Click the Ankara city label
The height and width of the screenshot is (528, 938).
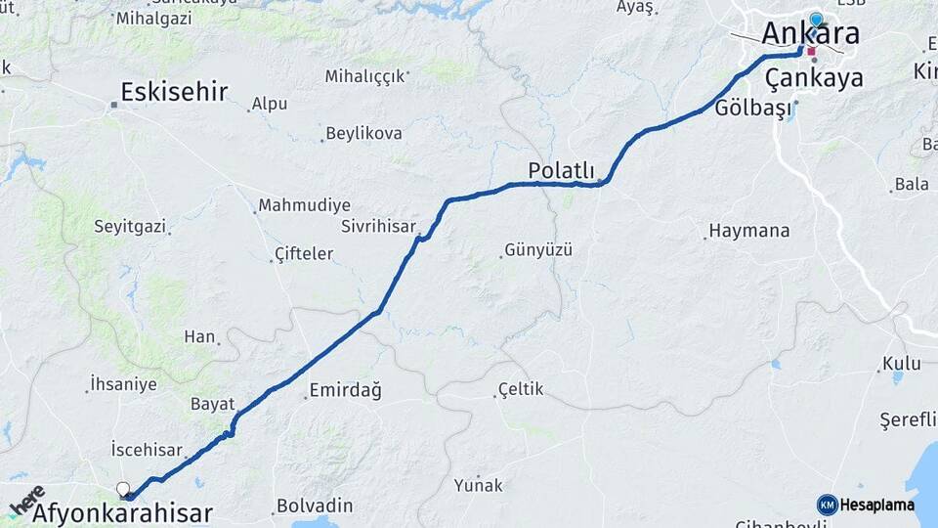pyautogui.click(x=810, y=34)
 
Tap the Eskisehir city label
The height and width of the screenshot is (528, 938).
pyautogui.click(x=174, y=92)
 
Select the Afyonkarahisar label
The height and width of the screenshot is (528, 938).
pyautogui.click(x=122, y=512)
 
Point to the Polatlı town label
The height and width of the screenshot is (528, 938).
pyautogui.click(x=561, y=170)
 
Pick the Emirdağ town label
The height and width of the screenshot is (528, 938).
pyautogui.click(x=345, y=390)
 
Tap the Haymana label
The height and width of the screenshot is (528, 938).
pyautogui.click(x=749, y=232)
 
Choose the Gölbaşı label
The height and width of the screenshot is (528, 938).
pyautogui.click(x=752, y=108)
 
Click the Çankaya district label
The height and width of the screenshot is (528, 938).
pyautogui.click(x=814, y=77)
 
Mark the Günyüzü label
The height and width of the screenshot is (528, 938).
pyautogui.click(x=538, y=250)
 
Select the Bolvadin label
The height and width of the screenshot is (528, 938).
pyautogui.click(x=314, y=506)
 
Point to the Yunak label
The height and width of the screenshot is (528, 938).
pyautogui.click(x=478, y=485)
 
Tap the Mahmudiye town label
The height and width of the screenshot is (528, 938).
pyautogui.click(x=303, y=206)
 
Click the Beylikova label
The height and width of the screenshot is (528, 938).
pyautogui.click(x=363, y=133)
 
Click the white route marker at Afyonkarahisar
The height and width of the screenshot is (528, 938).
pyautogui.click(x=123, y=489)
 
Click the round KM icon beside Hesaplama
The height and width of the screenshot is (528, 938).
pyautogui.click(x=827, y=505)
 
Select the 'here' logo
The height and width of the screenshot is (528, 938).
pyautogui.click(x=27, y=500)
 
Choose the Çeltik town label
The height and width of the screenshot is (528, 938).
pyautogui.click(x=521, y=390)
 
